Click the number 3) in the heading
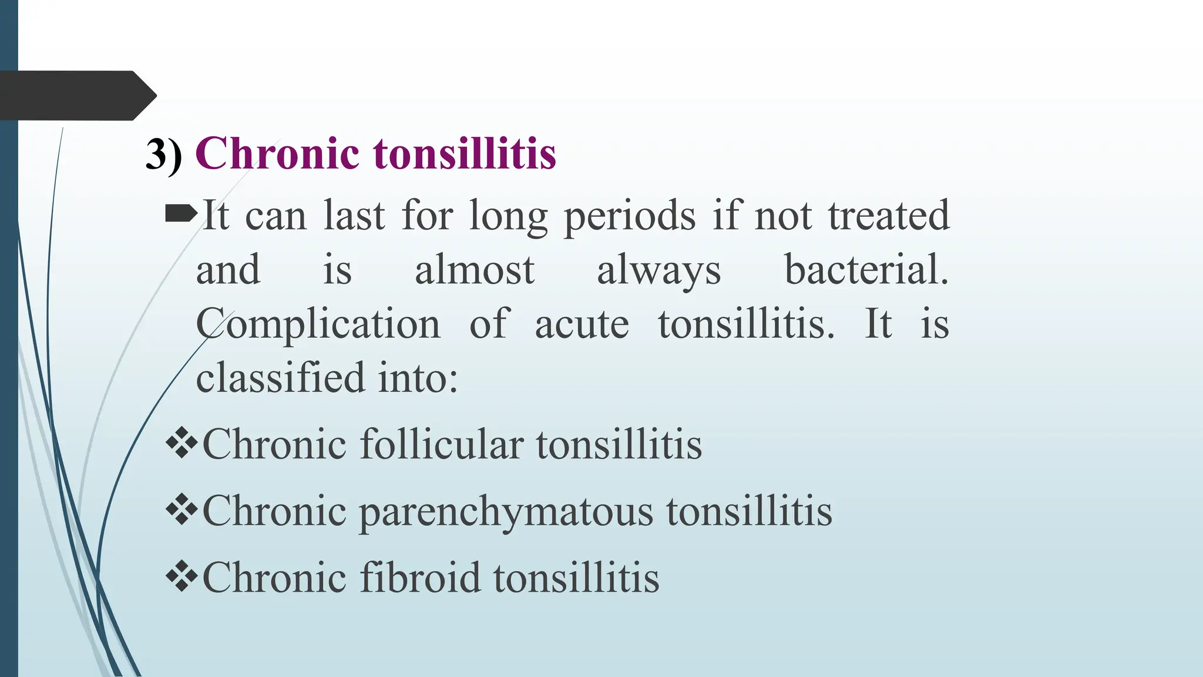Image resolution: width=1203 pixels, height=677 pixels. (x=163, y=155)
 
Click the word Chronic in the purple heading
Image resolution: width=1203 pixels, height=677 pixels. (x=277, y=153)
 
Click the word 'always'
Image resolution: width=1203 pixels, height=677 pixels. (x=658, y=272)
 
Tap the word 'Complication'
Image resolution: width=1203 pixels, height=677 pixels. (x=318, y=325)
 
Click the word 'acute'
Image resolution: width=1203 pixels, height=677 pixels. (x=582, y=324)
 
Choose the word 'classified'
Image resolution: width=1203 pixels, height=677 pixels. (x=280, y=377)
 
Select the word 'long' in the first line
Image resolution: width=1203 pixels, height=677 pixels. (x=508, y=216)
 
